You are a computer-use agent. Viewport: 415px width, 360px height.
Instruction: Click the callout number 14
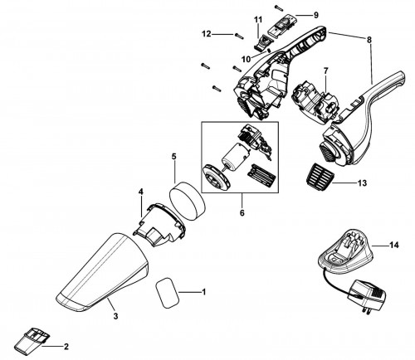click(x=393, y=245)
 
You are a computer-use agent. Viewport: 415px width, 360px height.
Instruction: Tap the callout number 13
click(x=362, y=182)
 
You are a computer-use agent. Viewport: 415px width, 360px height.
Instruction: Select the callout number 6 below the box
click(x=242, y=213)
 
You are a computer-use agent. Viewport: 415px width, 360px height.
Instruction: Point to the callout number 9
click(x=316, y=15)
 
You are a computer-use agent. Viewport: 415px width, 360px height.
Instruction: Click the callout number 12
click(x=207, y=34)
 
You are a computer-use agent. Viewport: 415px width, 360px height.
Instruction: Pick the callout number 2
click(x=66, y=347)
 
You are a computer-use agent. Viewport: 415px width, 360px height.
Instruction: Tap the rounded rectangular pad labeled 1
click(x=168, y=293)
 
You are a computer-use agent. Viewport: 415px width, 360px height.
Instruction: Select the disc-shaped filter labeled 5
click(x=187, y=201)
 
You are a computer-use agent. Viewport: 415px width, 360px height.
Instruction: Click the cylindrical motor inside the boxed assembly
click(x=235, y=155)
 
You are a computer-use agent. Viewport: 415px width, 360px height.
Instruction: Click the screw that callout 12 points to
click(x=239, y=36)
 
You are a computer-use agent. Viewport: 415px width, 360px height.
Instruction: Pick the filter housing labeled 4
click(x=159, y=224)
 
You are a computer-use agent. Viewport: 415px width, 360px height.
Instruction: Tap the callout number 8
click(x=369, y=40)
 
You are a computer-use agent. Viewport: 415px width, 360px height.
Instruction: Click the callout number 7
click(x=325, y=71)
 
